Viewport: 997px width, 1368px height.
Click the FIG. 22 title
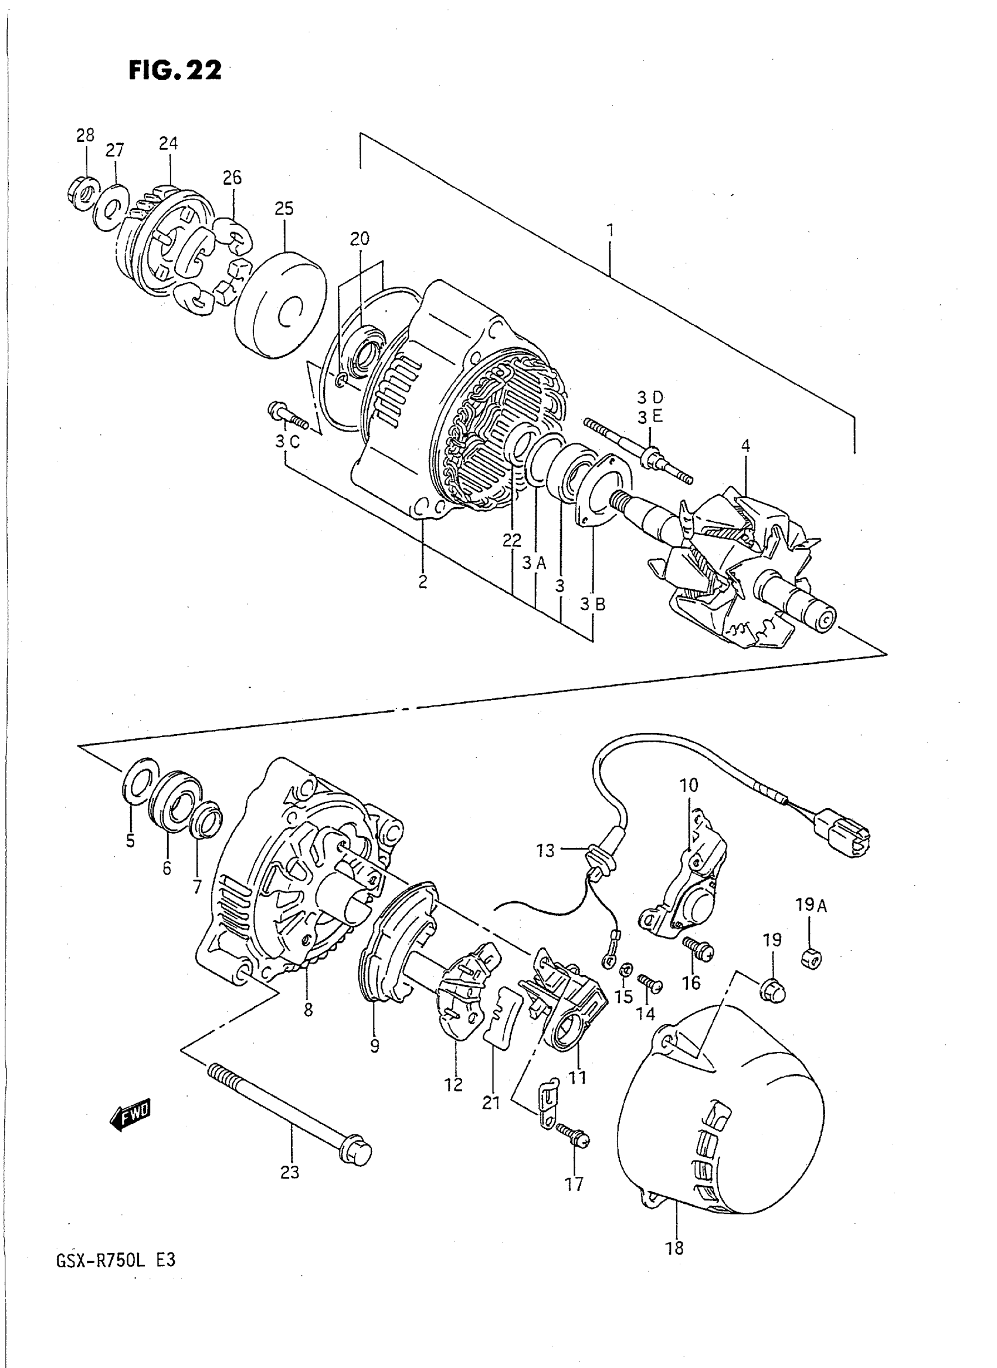pyautogui.click(x=174, y=70)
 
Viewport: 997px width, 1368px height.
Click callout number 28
pyautogui.click(x=86, y=135)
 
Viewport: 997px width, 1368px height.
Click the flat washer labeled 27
pyautogui.click(x=110, y=209)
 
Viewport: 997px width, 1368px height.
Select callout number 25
pyautogui.click(x=284, y=209)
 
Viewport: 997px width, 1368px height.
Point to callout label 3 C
pyautogui.click(x=288, y=442)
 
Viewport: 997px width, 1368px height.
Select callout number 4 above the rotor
pyautogui.click(x=745, y=447)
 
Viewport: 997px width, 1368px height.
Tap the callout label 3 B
pyautogui.click(x=593, y=603)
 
